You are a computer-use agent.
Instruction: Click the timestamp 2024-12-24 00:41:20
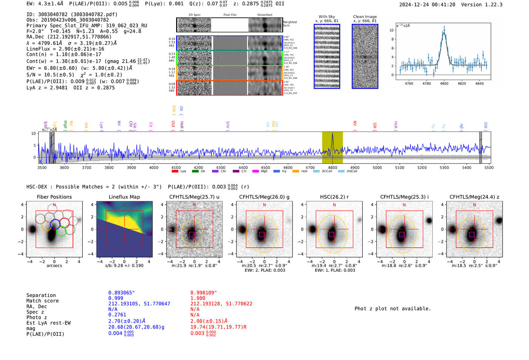(427, 5)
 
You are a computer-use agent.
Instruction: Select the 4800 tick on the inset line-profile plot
(444, 83)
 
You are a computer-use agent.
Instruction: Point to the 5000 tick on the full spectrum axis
(377, 167)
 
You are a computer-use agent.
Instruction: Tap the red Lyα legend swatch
(175, 172)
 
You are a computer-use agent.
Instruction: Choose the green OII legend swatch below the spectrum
(195, 172)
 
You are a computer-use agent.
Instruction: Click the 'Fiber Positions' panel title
(54, 197)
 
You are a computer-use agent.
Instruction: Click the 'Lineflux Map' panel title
(124, 197)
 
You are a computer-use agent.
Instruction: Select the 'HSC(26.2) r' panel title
(334, 197)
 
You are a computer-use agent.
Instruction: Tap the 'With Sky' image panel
(327, 56)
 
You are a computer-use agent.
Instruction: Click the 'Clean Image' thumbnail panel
(365, 56)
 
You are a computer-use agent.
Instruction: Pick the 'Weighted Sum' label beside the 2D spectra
(289, 24)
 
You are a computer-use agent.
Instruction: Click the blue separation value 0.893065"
(121, 293)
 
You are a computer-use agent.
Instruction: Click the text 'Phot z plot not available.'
(393, 309)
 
